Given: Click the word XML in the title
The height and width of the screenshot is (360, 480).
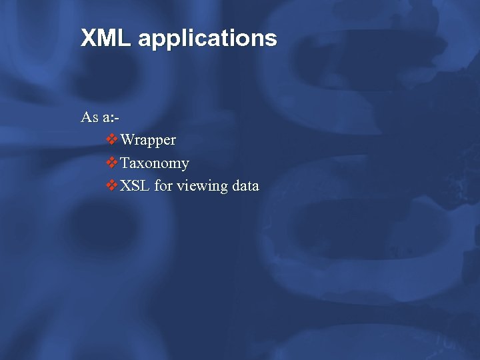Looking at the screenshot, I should click(x=106, y=38).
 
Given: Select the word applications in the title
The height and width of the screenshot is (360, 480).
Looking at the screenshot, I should click(x=207, y=39).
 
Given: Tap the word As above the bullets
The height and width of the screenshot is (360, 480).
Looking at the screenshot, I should click(x=89, y=117).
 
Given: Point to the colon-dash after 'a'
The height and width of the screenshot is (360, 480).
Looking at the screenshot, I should click(x=116, y=118).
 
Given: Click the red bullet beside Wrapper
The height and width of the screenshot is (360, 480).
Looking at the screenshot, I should click(x=112, y=139).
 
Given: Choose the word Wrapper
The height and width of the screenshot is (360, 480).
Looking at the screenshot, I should click(x=148, y=141).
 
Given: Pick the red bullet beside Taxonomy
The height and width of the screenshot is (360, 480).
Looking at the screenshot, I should click(x=112, y=162).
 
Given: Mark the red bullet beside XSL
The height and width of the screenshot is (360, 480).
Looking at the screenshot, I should click(x=112, y=185).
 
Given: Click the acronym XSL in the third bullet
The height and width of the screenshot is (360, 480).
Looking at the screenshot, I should click(x=135, y=186).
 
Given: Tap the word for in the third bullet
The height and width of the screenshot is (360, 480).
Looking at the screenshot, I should click(x=163, y=186).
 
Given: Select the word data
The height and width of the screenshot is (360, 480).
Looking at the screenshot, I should click(x=245, y=186).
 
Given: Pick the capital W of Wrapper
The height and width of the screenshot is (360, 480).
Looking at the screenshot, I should click(x=128, y=140).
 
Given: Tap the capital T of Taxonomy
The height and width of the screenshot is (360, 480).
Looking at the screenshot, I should click(x=125, y=163).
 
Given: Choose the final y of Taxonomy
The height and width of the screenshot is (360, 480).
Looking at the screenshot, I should click(x=185, y=165).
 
